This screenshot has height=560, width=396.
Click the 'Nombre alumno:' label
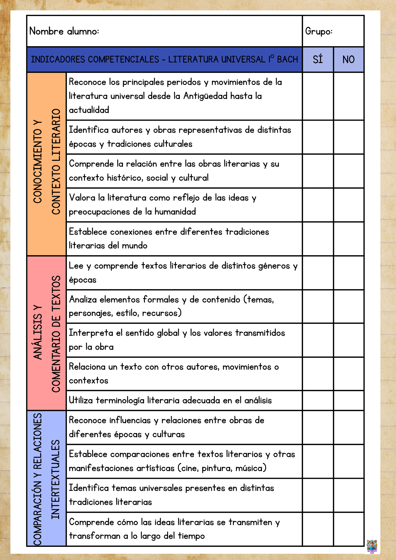coord(64,31)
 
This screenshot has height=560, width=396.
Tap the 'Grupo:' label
coord(319,31)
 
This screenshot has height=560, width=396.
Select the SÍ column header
coord(318,59)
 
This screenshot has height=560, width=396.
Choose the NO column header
coord(348,59)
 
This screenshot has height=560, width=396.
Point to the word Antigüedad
coord(205,96)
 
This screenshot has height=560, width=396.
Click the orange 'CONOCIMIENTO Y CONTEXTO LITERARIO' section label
coord(46,164)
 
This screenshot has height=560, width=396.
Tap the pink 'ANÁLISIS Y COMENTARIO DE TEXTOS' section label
coord(46,333)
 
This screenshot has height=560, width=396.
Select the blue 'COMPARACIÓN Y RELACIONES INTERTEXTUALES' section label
coord(46,478)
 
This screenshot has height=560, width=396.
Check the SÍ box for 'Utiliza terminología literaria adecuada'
coord(318,400)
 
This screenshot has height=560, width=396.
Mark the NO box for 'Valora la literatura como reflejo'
coord(349,205)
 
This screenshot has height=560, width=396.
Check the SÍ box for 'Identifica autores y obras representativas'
coord(318,137)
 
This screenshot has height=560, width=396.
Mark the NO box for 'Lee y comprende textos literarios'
coord(349,273)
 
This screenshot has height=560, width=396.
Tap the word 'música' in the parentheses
coord(250,468)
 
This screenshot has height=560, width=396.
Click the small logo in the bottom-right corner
coord(372,546)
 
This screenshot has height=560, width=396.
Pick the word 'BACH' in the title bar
coord(287,59)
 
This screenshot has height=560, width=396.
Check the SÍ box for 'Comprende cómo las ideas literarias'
coord(318,529)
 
